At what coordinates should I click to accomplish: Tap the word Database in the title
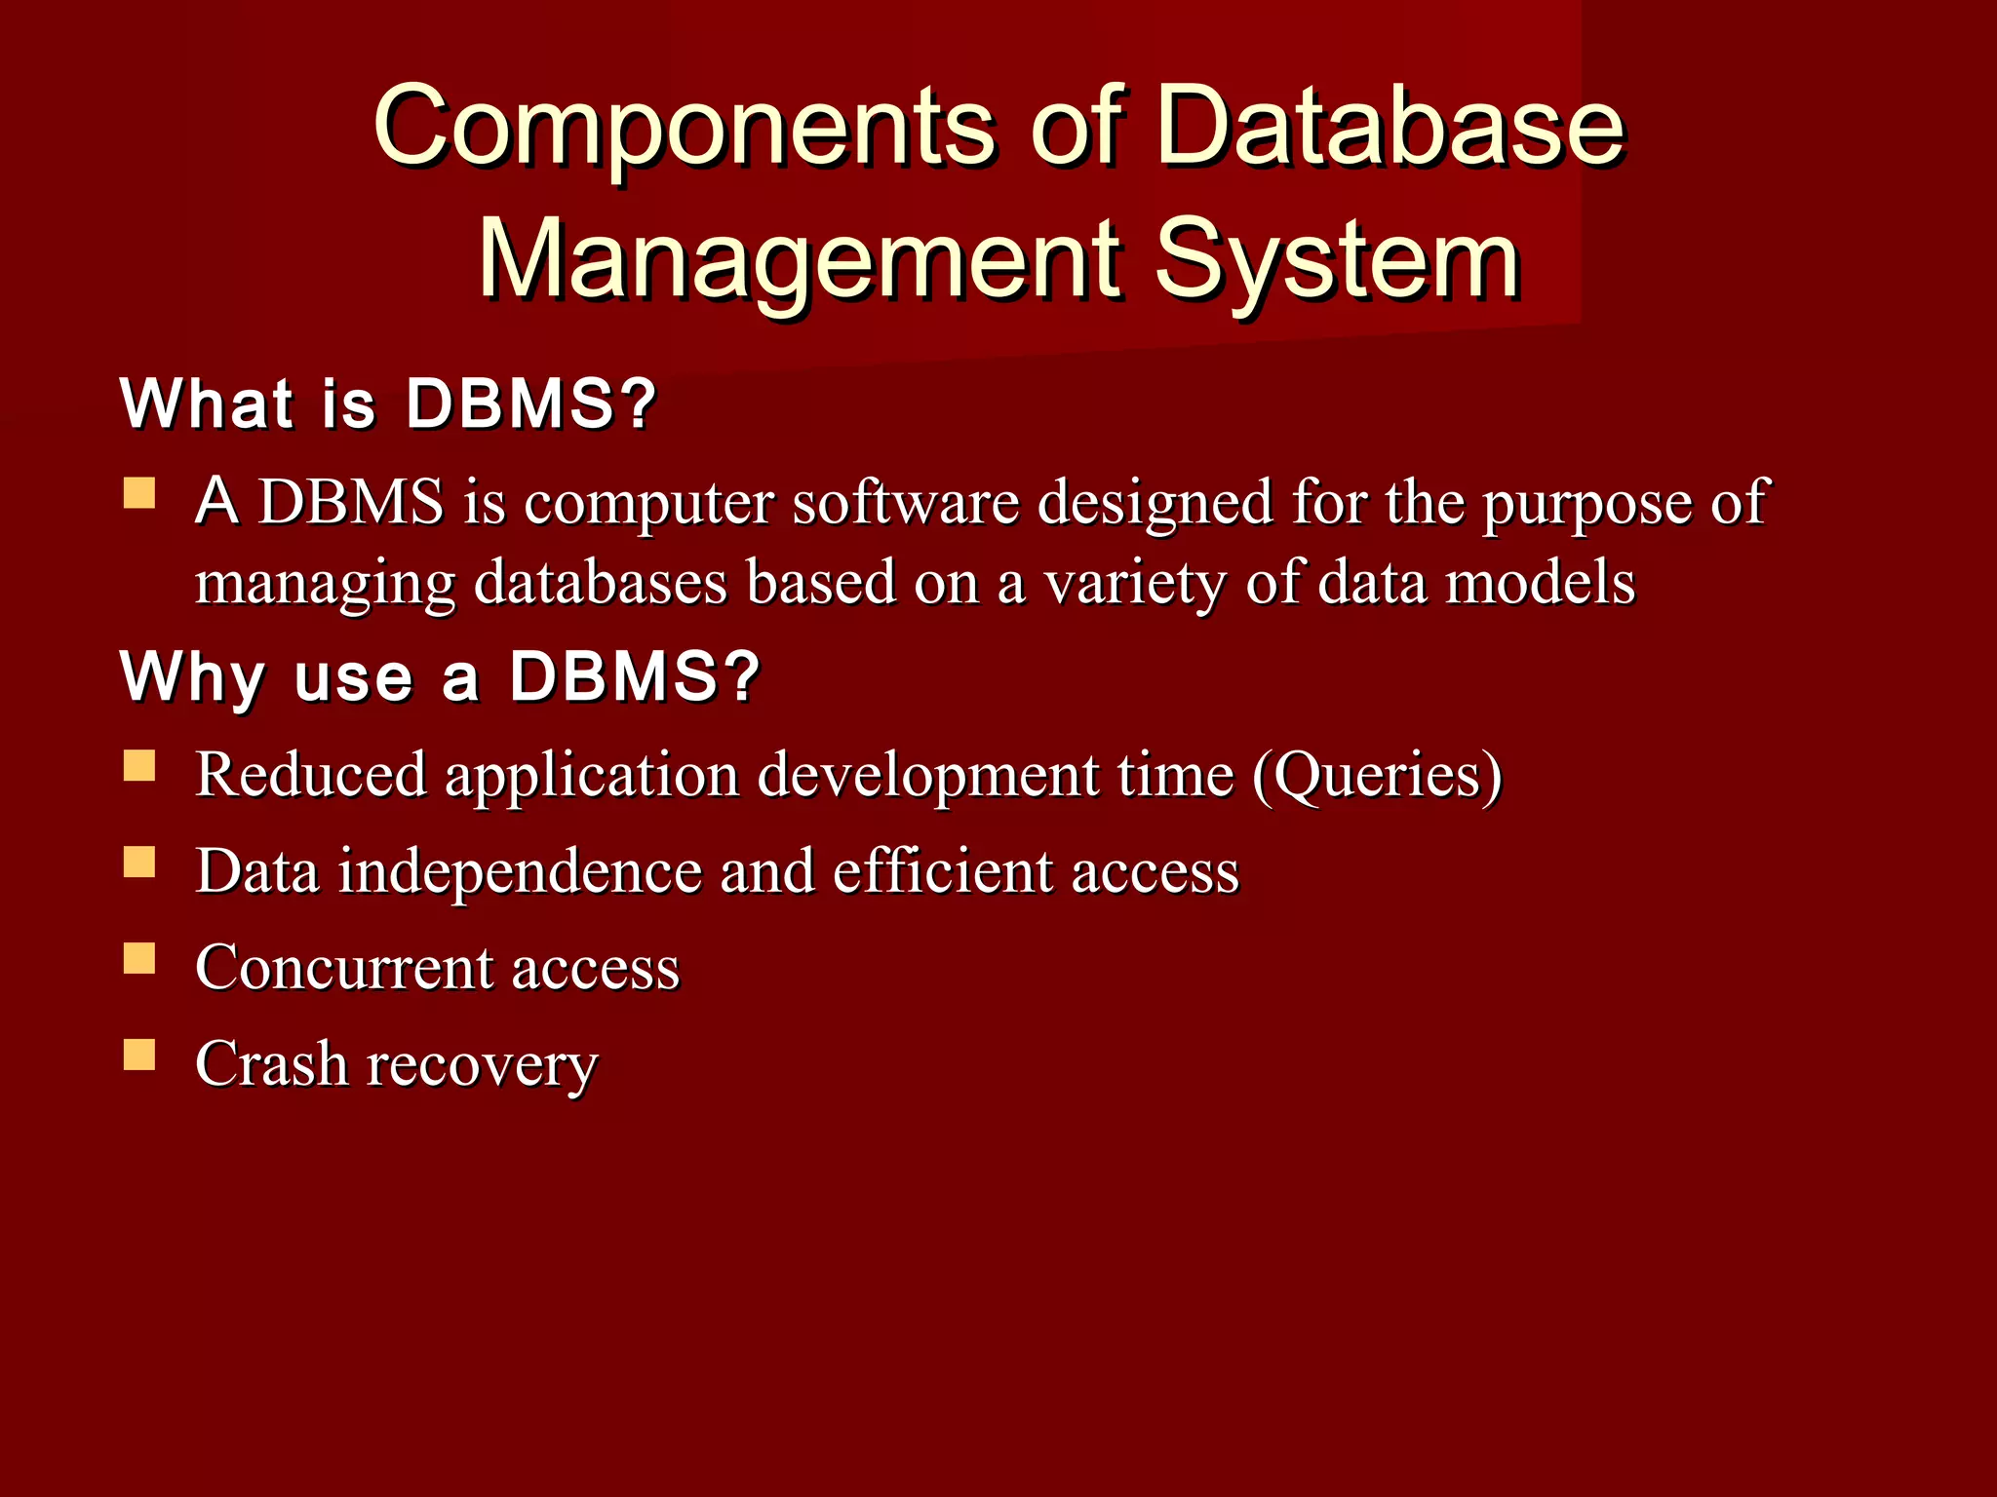point(1390,127)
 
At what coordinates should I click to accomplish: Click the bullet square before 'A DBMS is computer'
point(139,493)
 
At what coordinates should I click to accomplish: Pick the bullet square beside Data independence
point(139,862)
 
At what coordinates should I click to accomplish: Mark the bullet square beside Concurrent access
point(139,958)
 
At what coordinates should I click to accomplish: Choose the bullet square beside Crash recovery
point(139,1055)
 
